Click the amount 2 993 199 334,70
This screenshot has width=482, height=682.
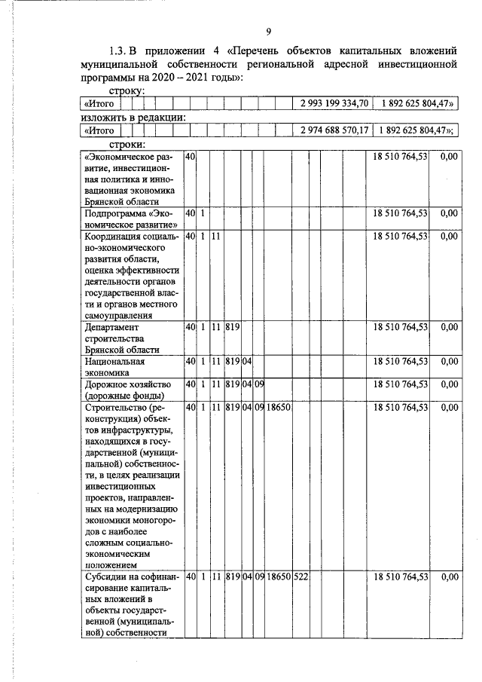click(x=334, y=102)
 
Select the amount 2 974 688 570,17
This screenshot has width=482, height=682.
click(x=334, y=130)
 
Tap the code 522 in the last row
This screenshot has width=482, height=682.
click(x=301, y=576)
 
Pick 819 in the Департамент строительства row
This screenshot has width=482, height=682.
click(x=232, y=327)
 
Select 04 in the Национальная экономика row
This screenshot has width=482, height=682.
click(x=246, y=362)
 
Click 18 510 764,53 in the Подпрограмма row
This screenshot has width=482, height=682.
click(x=401, y=213)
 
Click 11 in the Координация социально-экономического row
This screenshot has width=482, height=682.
click(x=215, y=237)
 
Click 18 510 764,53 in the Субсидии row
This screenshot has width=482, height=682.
click(x=401, y=576)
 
